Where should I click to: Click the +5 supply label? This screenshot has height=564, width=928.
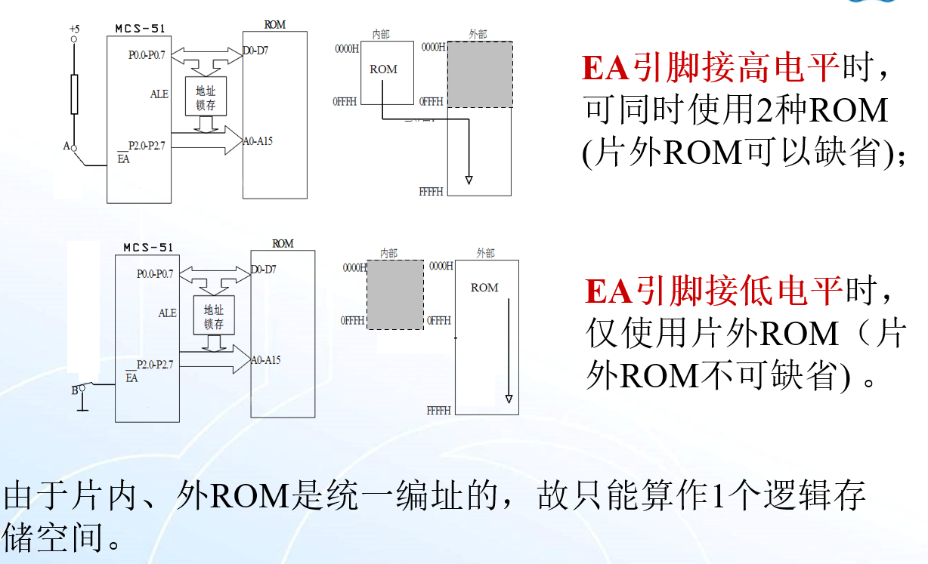click(x=73, y=29)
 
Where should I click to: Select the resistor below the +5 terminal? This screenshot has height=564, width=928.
click(x=74, y=94)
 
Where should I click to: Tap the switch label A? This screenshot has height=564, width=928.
click(x=67, y=146)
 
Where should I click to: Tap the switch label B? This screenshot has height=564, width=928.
click(x=74, y=390)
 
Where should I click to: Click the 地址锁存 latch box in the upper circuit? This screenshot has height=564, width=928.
click(x=206, y=97)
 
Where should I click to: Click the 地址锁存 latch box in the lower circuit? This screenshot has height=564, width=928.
click(x=214, y=316)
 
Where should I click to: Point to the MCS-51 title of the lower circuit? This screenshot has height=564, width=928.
click(x=148, y=248)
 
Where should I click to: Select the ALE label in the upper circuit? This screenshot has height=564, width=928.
click(x=159, y=94)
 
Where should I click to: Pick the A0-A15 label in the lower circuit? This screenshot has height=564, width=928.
click(x=265, y=360)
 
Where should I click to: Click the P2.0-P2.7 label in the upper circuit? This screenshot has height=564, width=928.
click(x=147, y=145)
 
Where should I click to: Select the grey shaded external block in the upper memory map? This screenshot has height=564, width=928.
click(x=480, y=74)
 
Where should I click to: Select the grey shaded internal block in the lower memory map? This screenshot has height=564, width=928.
click(x=394, y=294)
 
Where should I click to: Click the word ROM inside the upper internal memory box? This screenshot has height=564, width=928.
click(x=383, y=69)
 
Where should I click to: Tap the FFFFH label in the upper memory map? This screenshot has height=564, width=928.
click(x=431, y=193)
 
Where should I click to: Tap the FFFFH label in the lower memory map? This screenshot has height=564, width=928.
click(x=439, y=411)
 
